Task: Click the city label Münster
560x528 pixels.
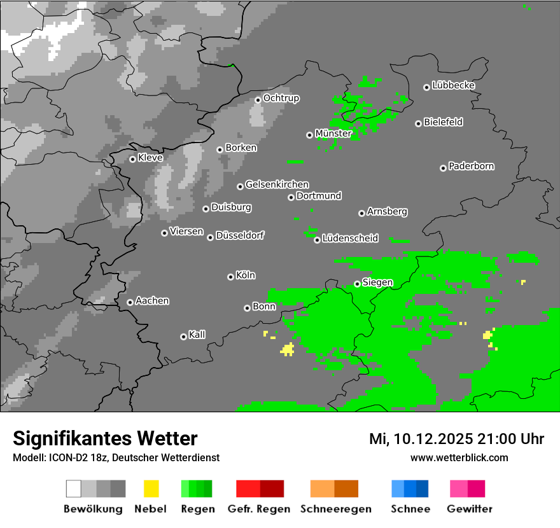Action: coord(333,134)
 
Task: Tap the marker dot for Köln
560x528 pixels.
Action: coord(230,277)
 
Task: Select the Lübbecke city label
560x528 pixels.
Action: coord(453,85)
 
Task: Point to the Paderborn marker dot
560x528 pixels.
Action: coord(443,168)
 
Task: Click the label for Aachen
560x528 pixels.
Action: coord(152,301)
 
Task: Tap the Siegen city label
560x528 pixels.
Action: coord(377,282)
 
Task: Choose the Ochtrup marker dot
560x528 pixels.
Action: coord(258,99)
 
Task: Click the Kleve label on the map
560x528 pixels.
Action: coord(150,158)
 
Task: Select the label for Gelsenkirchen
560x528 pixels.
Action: coord(277,184)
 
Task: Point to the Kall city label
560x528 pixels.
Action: coord(197,335)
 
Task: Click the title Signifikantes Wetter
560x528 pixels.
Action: coord(105,439)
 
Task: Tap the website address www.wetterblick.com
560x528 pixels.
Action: coord(459,457)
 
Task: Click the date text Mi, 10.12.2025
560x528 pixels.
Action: coord(421,439)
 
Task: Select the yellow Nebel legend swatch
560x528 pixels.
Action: coord(151,489)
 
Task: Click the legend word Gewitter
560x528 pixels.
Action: coord(469,509)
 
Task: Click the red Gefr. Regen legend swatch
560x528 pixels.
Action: coord(260,489)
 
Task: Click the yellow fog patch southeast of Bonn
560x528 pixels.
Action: coord(288,349)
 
